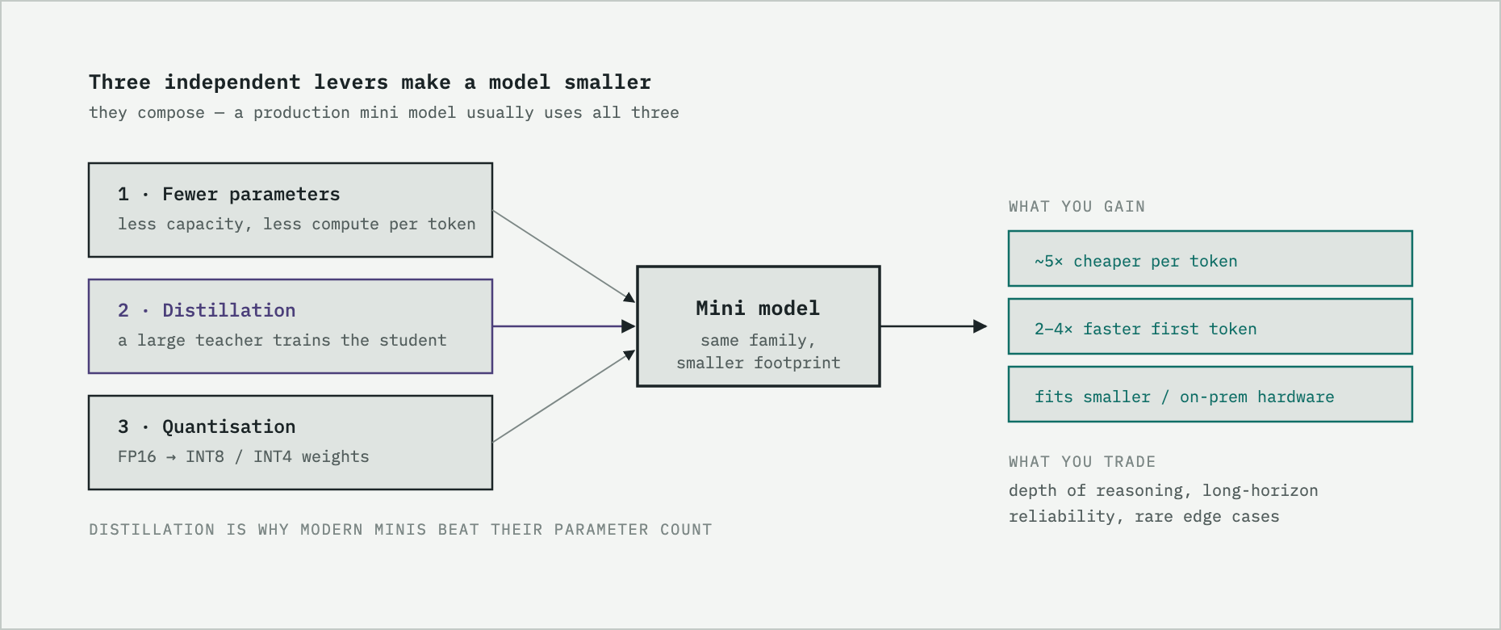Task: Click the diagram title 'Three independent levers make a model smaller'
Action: click(x=370, y=82)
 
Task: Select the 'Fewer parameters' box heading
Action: click(x=251, y=195)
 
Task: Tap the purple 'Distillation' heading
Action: click(x=229, y=310)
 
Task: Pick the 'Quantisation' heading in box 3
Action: click(x=229, y=426)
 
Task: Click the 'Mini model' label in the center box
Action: click(x=758, y=308)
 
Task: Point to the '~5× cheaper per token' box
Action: click(x=1210, y=258)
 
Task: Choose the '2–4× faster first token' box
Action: click(x=1210, y=326)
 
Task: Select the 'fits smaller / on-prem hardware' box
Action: click(x=1210, y=394)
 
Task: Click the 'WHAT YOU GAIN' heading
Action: click(x=1077, y=207)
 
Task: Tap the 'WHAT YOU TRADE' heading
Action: click(x=1082, y=462)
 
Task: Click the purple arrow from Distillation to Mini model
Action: click(x=564, y=326)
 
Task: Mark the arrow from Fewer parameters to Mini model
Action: click(x=564, y=257)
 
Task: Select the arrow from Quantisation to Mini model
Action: click(x=564, y=396)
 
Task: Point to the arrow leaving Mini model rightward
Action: click(x=934, y=326)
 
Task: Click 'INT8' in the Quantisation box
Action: click(x=205, y=457)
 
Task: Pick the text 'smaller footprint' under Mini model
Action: click(x=759, y=363)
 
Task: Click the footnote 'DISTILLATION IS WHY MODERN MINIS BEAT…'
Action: click(x=400, y=530)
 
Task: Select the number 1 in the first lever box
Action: click(x=123, y=195)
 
